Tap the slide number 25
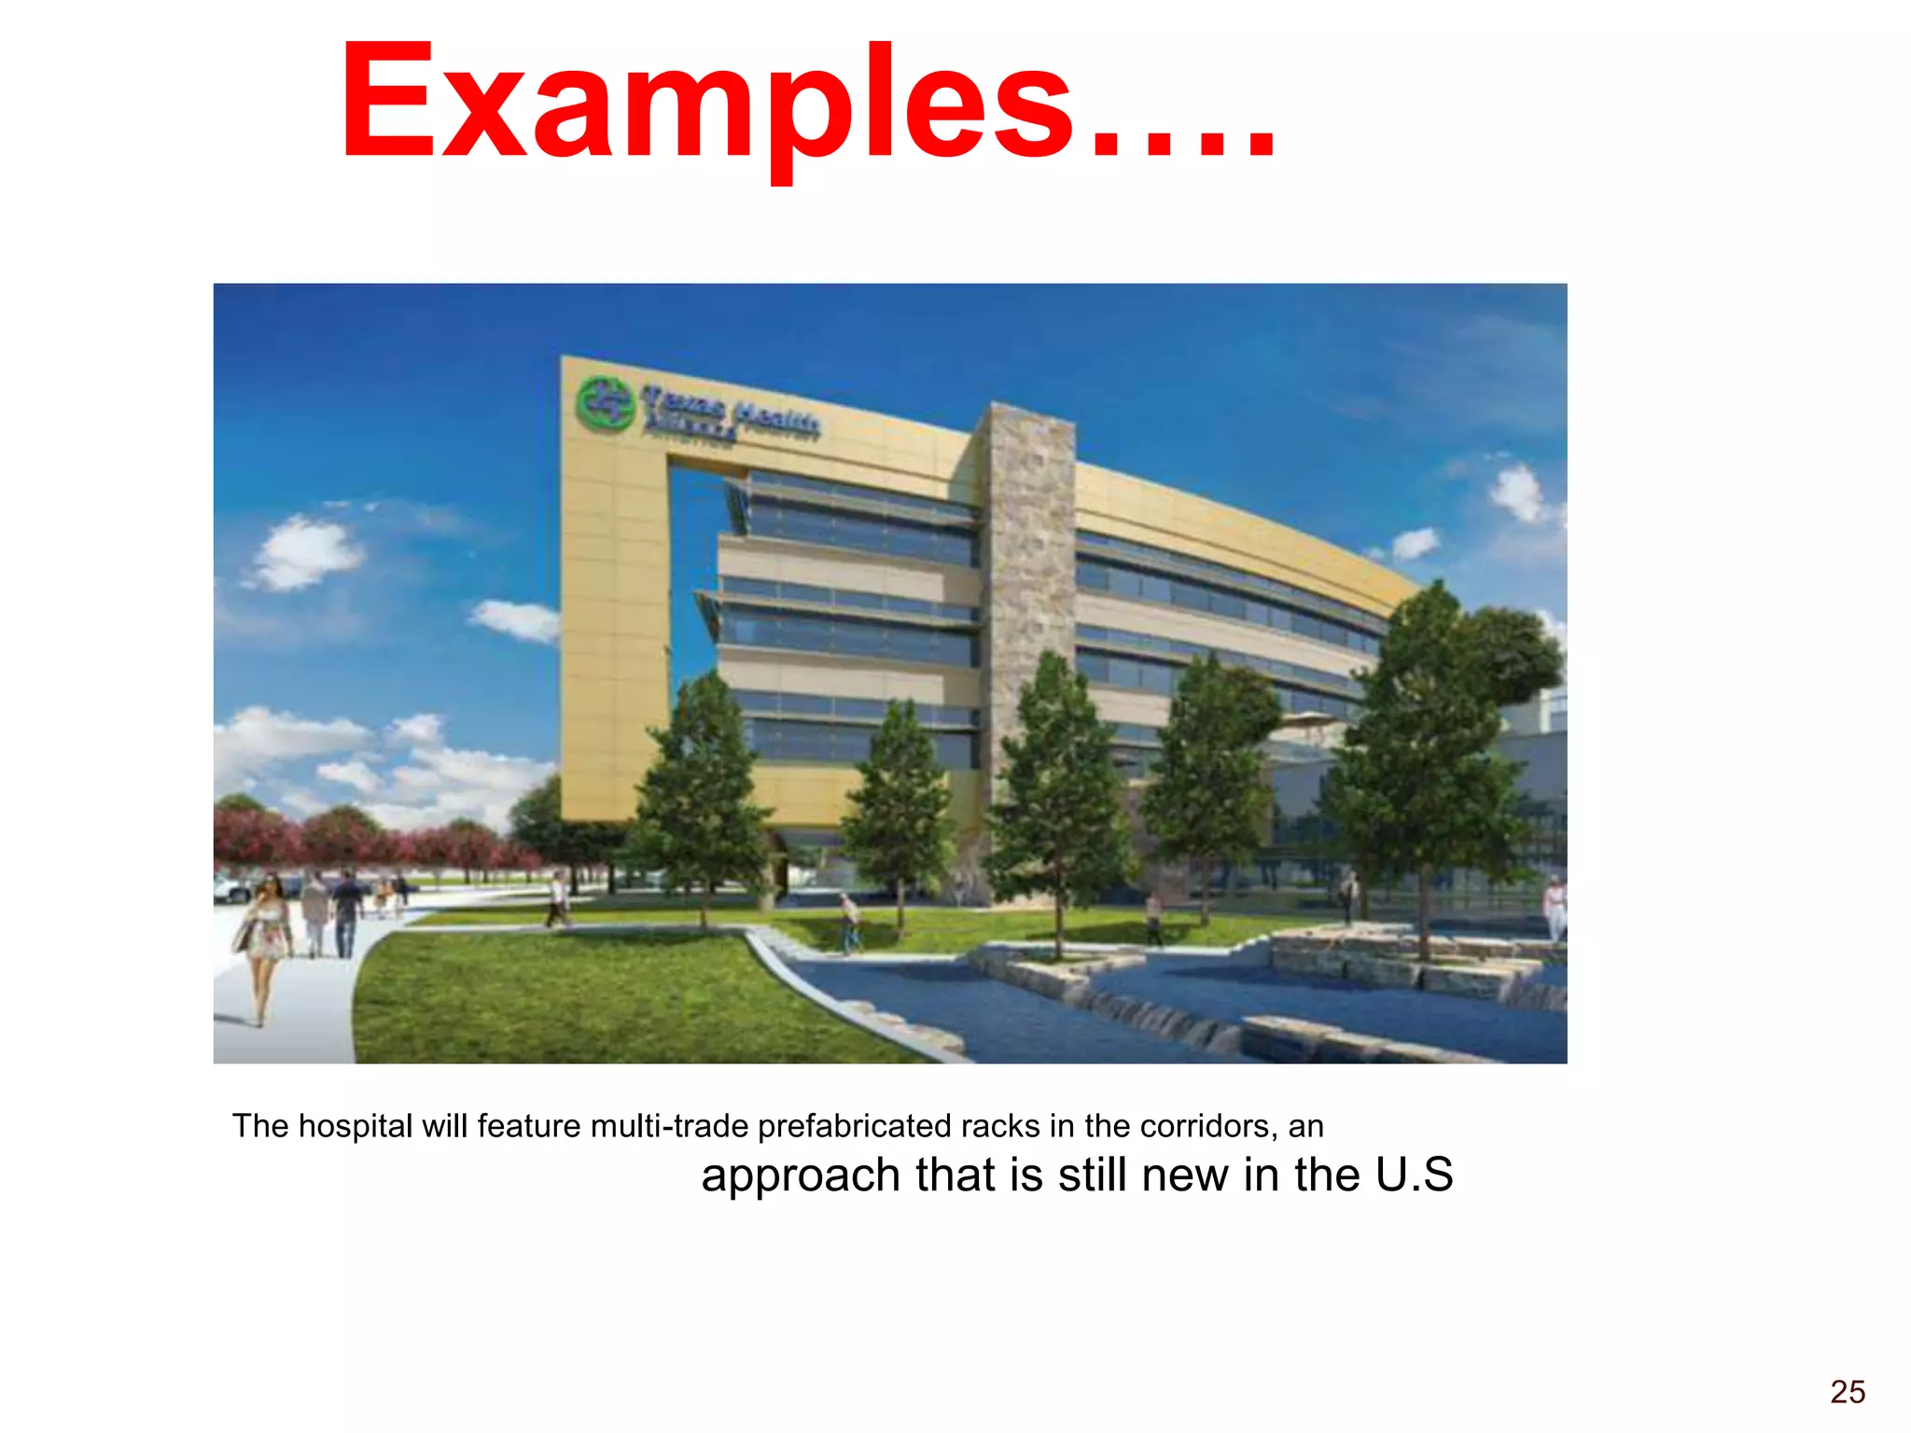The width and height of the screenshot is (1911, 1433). (1847, 1392)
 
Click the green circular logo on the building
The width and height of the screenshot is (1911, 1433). (605, 404)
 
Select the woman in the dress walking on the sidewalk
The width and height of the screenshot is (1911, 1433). (264, 942)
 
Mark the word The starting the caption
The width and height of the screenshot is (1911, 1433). (260, 1126)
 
